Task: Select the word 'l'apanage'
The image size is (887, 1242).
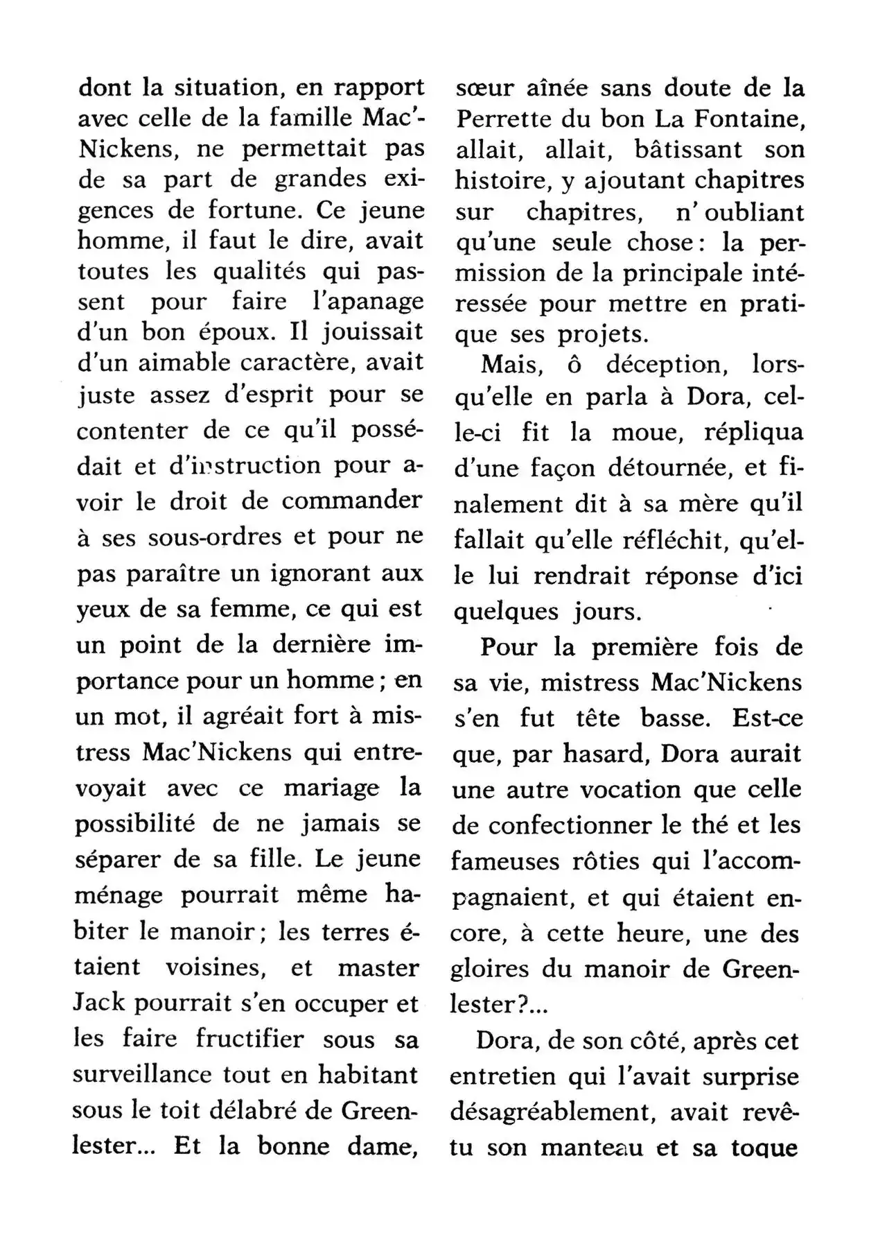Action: [x=366, y=302]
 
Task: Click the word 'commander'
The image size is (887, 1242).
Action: [x=351, y=501]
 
